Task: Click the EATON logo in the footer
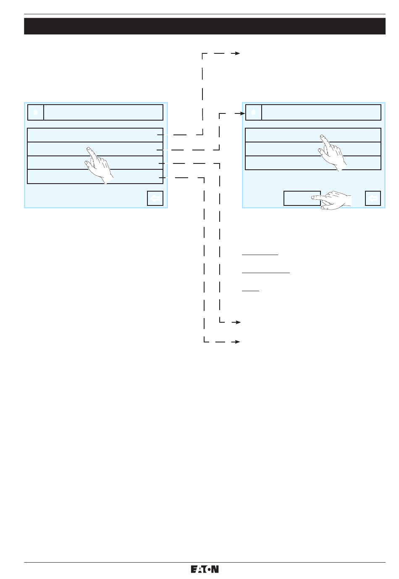(x=205, y=569)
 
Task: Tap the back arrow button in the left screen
(x=155, y=198)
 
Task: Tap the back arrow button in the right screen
(x=373, y=198)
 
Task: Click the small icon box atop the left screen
(x=36, y=113)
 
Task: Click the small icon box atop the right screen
(x=253, y=113)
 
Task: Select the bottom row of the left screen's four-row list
(x=63, y=177)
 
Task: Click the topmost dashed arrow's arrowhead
(x=237, y=54)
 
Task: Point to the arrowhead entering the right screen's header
(x=242, y=113)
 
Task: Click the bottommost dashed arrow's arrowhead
(x=237, y=342)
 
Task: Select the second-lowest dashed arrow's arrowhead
(x=237, y=322)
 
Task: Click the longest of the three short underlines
(x=266, y=273)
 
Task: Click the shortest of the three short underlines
(x=250, y=290)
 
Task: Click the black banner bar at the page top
(x=205, y=26)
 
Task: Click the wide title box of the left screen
(x=103, y=113)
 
